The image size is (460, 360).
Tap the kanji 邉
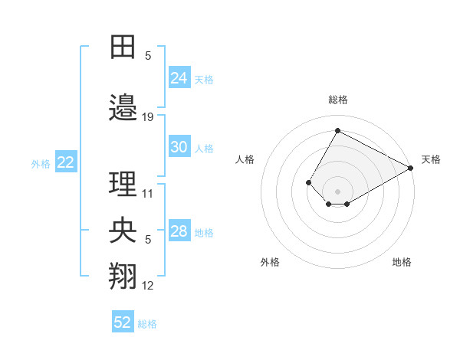(x=123, y=109)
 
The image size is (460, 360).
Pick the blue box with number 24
(x=179, y=78)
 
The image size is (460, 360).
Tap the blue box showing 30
(x=179, y=147)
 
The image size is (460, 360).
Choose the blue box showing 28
(x=179, y=231)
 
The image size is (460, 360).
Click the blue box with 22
(x=66, y=162)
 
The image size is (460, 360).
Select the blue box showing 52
(x=123, y=322)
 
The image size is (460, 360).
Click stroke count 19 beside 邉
(x=148, y=117)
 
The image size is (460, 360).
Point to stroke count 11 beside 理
(x=148, y=193)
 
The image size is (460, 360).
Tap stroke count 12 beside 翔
(x=148, y=286)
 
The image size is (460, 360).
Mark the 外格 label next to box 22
(x=41, y=163)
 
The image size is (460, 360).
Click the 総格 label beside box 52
(x=147, y=324)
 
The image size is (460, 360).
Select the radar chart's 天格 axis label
(x=431, y=159)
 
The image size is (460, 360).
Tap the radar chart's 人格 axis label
(x=245, y=159)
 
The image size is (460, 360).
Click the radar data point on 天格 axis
(x=412, y=169)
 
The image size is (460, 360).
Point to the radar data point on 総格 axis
(x=337, y=130)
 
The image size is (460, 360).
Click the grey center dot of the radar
(x=337, y=191)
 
